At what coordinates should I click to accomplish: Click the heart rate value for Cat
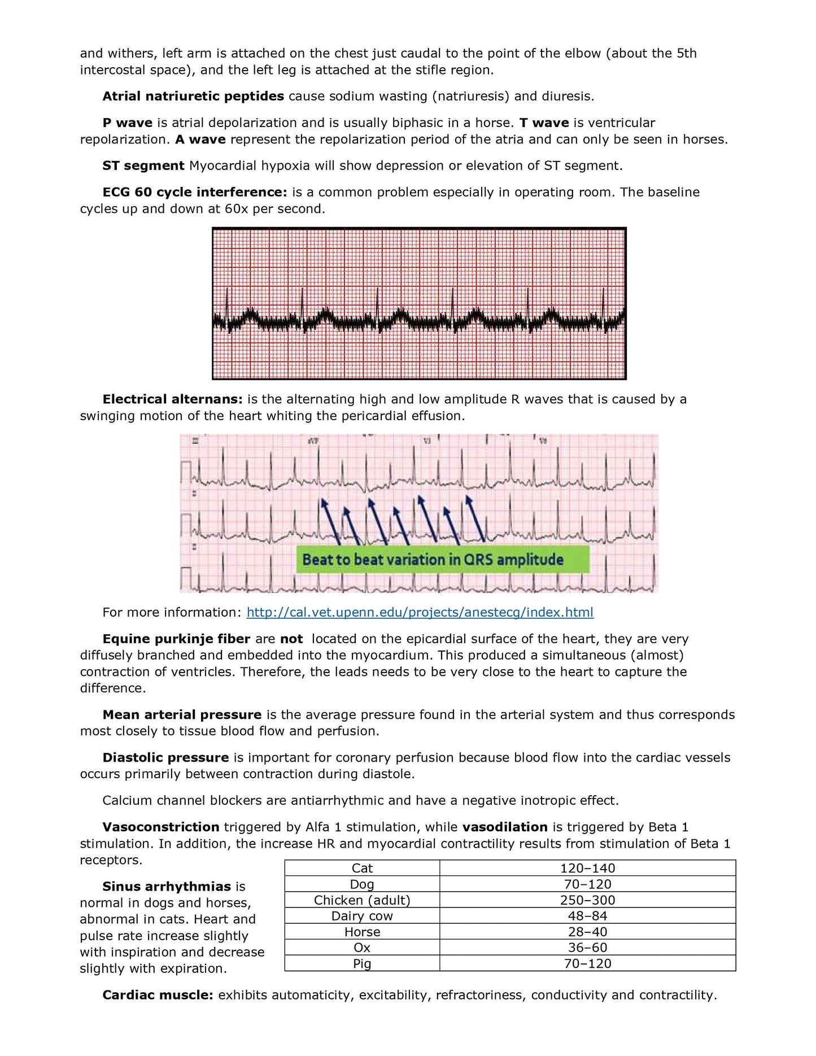[587, 868]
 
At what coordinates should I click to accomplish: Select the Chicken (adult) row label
[362, 900]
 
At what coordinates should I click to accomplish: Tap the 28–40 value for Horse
[587, 931]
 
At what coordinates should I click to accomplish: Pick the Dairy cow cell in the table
[362, 915]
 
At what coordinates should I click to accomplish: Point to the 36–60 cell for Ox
[587, 947]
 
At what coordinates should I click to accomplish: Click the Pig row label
[362, 963]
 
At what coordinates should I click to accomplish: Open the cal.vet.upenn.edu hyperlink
[420, 612]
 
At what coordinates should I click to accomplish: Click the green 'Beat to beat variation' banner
[442, 560]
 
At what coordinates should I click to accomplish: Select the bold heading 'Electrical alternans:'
[172, 399]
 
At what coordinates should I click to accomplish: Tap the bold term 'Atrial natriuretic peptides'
[193, 96]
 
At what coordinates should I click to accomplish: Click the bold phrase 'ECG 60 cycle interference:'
[195, 192]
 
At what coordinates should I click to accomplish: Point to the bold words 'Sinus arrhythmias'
[167, 886]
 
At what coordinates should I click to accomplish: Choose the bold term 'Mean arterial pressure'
[182, 714]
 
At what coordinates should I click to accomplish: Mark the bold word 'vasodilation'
[505, 827]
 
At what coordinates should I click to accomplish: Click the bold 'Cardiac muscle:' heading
[158, 994]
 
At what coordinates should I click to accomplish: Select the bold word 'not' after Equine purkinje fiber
[291, 639]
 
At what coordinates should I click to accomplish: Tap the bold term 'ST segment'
[143, 165]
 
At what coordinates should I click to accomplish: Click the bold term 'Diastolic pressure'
[165, 757]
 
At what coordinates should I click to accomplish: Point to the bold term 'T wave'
[544, 123]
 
